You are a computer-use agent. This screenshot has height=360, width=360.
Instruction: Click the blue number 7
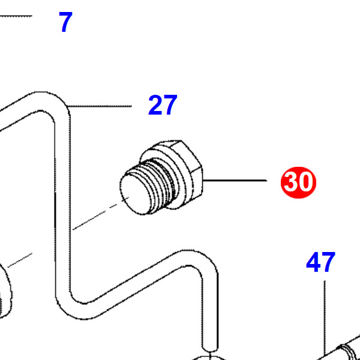point(65,22)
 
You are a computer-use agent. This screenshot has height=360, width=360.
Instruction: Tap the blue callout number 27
point(163,105)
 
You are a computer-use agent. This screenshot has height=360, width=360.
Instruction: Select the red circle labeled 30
point(298,182)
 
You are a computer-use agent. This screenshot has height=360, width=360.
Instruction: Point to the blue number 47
point(321,262)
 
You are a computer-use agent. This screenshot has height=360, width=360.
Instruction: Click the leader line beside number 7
point(16,16)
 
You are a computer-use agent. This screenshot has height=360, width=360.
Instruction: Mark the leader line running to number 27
point(99,106)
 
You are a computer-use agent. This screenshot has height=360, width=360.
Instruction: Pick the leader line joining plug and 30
point(235,181)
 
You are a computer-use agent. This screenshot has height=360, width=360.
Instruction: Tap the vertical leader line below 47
point(325,318)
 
